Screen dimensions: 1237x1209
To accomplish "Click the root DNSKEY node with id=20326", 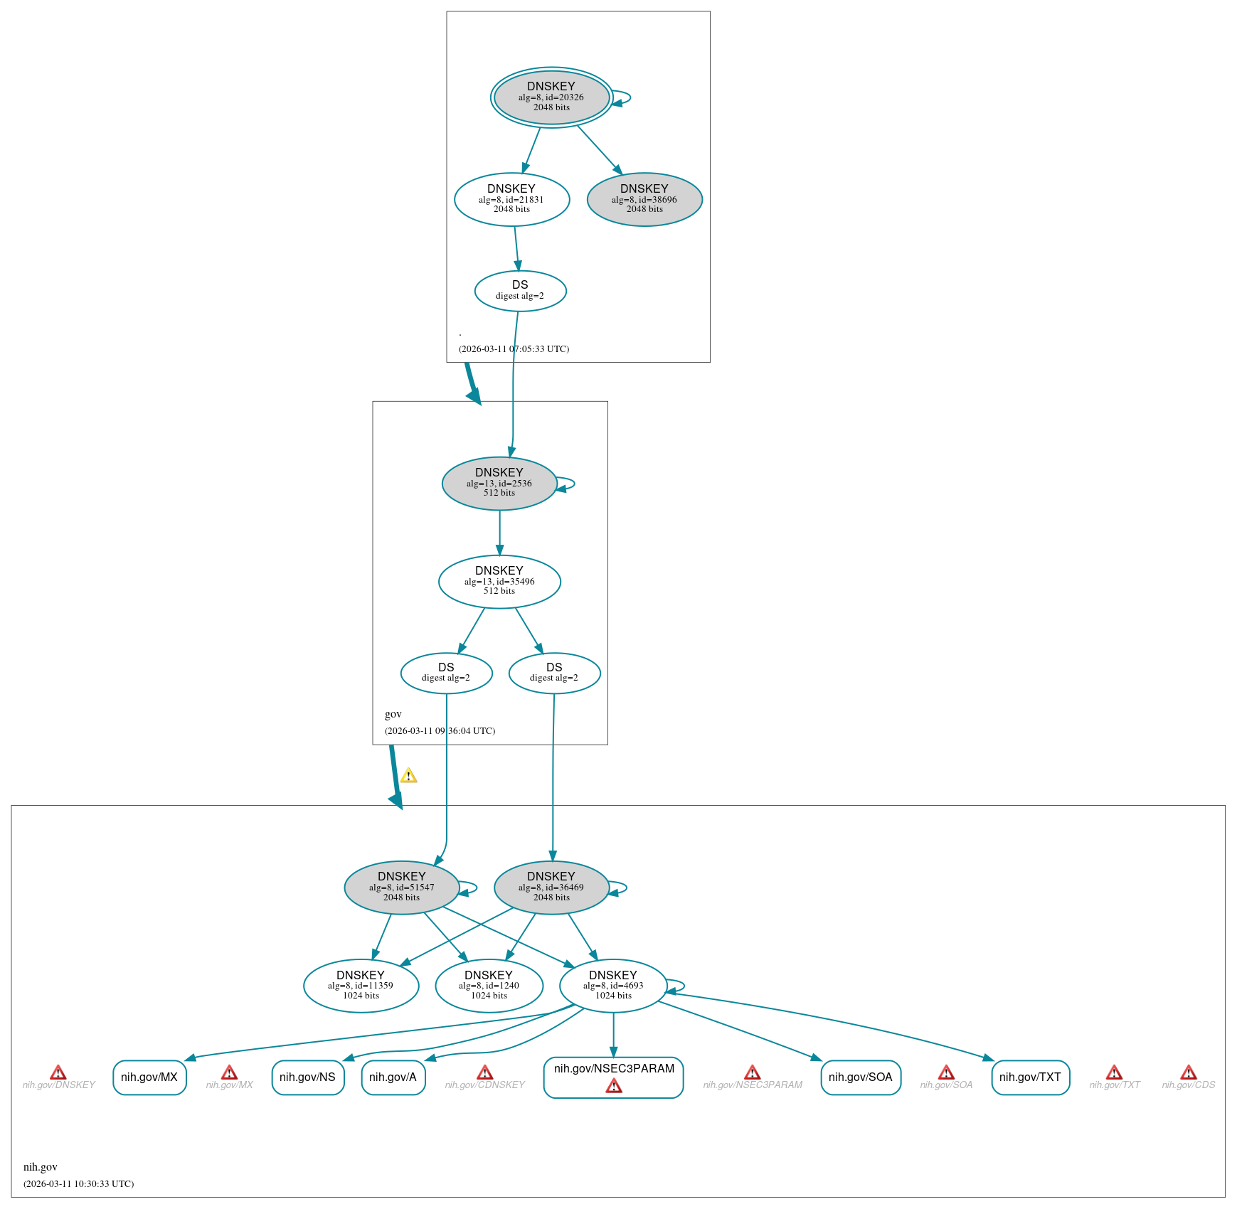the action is [551, 97].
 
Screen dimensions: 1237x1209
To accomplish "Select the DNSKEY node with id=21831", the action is [511, 199].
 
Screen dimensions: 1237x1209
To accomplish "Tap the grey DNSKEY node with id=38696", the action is [644, 199].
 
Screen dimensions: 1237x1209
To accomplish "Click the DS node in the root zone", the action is [520, 291].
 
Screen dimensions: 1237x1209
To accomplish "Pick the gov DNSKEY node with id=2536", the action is [499, 483].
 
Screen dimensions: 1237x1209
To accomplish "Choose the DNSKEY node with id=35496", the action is [499, 582].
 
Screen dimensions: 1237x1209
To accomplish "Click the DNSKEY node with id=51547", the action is [402, 888].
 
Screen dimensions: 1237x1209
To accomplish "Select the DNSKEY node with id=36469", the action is [551, 888].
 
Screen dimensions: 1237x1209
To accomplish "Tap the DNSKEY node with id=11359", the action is [361, 986].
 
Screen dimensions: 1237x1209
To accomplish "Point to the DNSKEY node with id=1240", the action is [489, 986].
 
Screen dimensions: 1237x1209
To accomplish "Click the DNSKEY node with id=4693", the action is [613, 986].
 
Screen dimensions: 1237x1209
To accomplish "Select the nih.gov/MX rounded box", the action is [149, 1077].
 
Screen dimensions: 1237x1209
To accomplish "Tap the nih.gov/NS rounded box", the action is [308, 1077].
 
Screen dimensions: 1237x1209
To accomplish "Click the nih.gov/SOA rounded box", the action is [861, 1077].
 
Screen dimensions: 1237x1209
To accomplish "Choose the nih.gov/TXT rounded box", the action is [1031, 1077].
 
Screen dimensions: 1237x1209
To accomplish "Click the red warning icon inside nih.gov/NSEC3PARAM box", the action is [614, 1086].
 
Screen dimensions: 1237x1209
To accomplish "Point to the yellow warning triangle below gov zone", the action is [408, 775].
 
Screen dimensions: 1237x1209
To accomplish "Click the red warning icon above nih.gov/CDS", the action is [1189, 1072].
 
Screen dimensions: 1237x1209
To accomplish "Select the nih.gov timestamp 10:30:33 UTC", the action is [78, 1183].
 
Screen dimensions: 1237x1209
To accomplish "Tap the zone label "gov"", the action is [393, 714].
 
